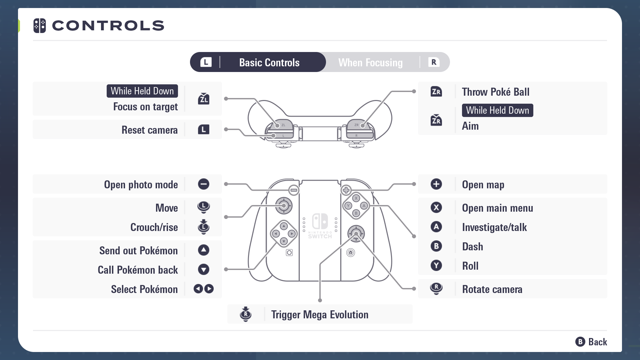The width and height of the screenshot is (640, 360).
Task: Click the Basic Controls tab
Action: [269, 62]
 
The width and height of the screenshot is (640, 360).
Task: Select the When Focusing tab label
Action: [370, 62]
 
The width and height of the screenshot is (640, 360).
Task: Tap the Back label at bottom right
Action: [598, 342]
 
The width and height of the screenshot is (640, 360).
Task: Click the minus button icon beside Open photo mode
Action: [203, 184]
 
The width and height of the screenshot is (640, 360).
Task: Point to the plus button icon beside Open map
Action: [436, 184]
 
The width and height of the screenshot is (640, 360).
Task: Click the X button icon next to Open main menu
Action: [436, 207]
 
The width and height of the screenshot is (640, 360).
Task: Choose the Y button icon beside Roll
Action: [436, 265]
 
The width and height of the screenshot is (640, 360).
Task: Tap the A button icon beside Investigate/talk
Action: [436, 227]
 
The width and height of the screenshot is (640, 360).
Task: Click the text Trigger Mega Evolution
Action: [320, 314]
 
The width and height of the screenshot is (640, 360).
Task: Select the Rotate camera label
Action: [492, 289]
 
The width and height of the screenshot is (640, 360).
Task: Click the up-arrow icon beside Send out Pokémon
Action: [203, 250]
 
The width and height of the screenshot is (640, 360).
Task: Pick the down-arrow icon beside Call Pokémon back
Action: [203, 269]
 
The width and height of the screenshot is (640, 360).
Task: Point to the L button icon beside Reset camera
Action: [203, 129]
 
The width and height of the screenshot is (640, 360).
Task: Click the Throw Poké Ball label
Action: [496, 92]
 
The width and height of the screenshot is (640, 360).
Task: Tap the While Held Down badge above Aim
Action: [497, 110]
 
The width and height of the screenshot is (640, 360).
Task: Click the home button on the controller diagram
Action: [351, 253]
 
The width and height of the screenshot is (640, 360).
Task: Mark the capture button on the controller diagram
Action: [289, 253]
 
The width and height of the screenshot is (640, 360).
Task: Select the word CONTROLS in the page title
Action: [108, 26]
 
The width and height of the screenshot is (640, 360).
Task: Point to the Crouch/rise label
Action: [154, 227]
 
